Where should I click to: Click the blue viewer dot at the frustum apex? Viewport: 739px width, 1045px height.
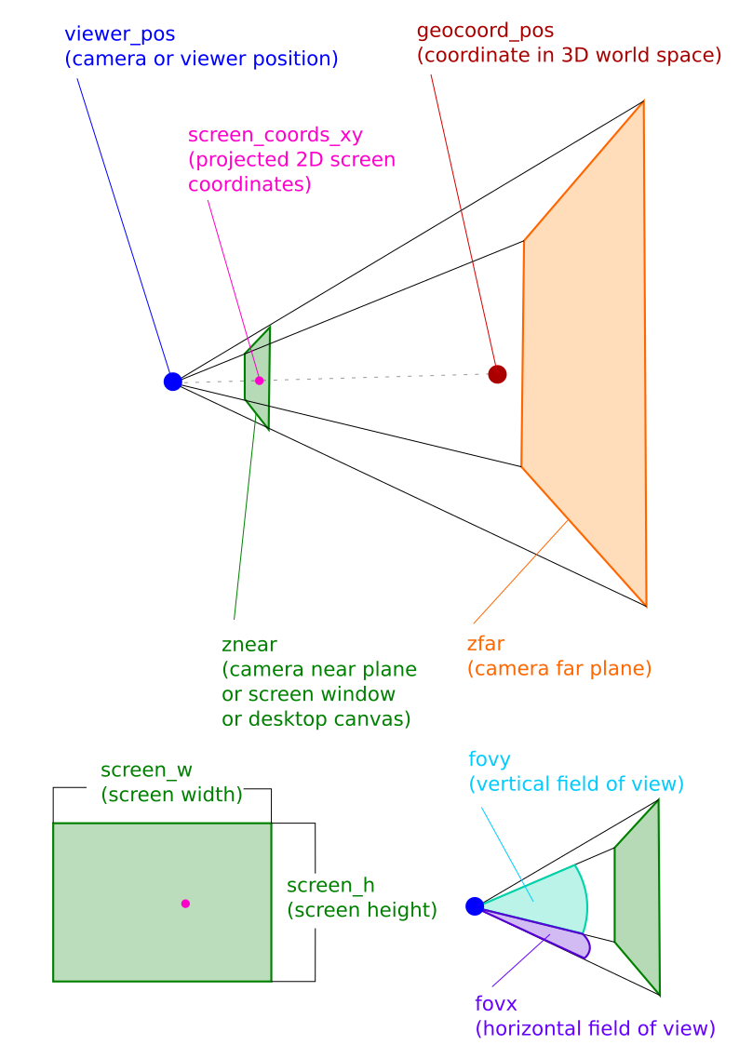point(172,382)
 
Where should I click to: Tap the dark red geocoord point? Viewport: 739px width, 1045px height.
point(497,374)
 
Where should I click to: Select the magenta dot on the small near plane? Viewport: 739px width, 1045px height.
point(260,381)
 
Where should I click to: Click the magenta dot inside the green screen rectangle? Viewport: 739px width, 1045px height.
point(185,904)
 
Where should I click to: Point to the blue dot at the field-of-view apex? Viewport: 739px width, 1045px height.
point(475,906)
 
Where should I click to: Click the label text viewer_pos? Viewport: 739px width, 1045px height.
point(120,34)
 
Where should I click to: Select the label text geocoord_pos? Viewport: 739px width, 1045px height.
point(485,31)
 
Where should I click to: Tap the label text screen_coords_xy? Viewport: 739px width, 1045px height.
point(275,135)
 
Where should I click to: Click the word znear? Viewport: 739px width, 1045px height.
point(249,645)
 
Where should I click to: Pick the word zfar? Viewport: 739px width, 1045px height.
point(486,643)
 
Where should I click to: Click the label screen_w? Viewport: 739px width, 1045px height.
point(147,770)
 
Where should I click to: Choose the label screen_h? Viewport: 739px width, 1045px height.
point(330,885)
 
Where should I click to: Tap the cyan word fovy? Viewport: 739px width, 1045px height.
point(490,759)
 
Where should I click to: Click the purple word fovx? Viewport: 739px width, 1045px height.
point(496,1003)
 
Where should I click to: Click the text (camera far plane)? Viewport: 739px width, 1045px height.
point(559,668)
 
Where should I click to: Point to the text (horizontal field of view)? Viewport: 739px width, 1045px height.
point(595,1028)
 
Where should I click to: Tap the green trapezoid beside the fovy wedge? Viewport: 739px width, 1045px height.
point(638,896)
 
